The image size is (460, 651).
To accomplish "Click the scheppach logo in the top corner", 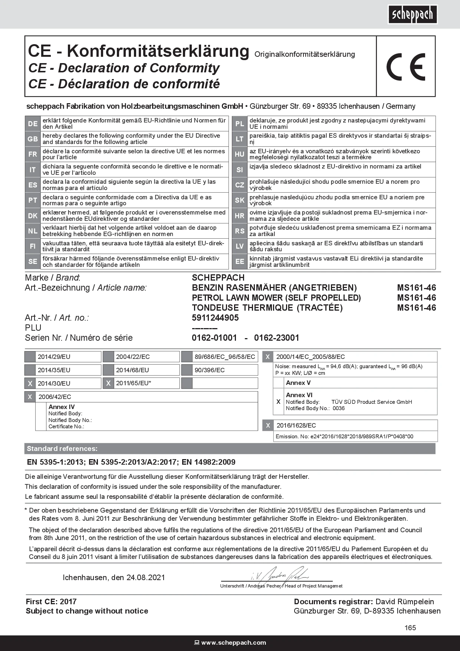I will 413,14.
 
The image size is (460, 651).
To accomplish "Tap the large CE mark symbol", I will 405,67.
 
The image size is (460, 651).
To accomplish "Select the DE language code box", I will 33,124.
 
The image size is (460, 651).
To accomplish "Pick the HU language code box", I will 240,154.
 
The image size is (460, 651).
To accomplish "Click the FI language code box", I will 33,246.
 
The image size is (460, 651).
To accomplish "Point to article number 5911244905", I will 215,318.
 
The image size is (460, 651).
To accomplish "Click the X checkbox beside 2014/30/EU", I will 30,383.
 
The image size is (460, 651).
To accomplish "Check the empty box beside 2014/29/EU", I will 30,357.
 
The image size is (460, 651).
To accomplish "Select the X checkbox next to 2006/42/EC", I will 30,397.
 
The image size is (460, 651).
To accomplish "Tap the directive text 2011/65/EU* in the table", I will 134,383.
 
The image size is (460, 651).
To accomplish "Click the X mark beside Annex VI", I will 278,402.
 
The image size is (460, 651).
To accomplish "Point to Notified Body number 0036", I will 338,408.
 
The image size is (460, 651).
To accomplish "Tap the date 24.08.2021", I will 145,578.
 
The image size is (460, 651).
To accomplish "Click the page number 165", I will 410,628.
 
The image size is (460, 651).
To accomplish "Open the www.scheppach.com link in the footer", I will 233,643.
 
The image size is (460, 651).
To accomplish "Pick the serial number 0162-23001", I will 276,338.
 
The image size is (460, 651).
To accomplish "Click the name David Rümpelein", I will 405,602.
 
